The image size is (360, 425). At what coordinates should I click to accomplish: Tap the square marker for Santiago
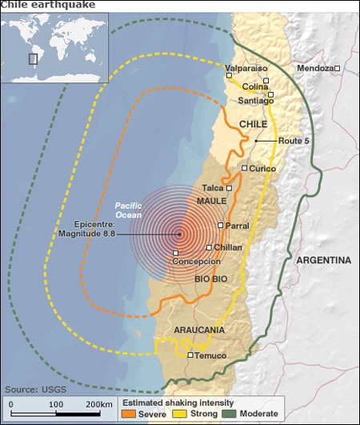pos(271,95)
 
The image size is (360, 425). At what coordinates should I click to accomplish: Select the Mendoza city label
pos(314,69)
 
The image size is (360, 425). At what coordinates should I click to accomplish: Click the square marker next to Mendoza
pos(338,69)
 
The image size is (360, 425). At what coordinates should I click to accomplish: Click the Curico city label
pos(262,169)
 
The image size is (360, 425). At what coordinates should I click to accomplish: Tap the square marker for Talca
pos(230,188)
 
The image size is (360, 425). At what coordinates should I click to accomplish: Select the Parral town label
pos(238,227)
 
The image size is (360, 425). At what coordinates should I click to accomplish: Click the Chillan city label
pos(228,248)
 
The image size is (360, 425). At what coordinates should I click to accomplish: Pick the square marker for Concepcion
pos(175,254)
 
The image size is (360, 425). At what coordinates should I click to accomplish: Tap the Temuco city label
pos(211,355)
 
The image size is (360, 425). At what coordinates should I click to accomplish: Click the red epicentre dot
pos(179,235)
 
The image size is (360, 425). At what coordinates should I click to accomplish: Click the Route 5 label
pos(294,141)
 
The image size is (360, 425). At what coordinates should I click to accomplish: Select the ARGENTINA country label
pos(323,260)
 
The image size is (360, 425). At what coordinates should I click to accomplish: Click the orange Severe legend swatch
pos(127,414)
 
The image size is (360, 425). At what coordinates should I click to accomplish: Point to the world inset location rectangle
pos(33,58)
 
